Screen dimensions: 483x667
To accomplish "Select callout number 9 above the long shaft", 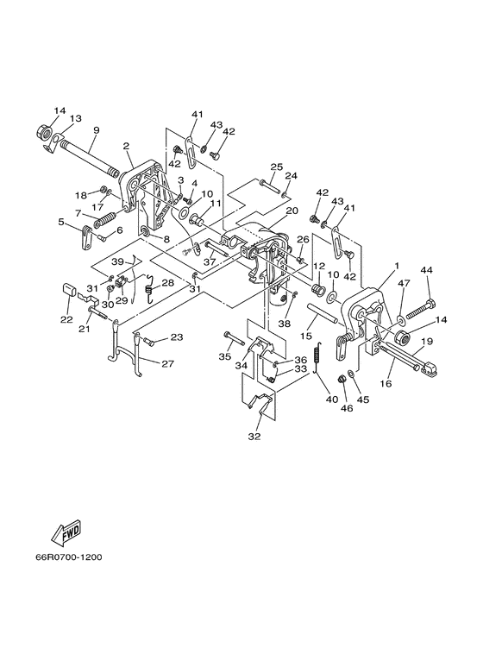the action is [96, 129].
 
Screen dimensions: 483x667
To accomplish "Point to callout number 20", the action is [292, 211].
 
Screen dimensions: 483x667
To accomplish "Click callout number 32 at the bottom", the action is [254, 437].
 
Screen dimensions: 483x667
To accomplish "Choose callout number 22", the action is [66, 319].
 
